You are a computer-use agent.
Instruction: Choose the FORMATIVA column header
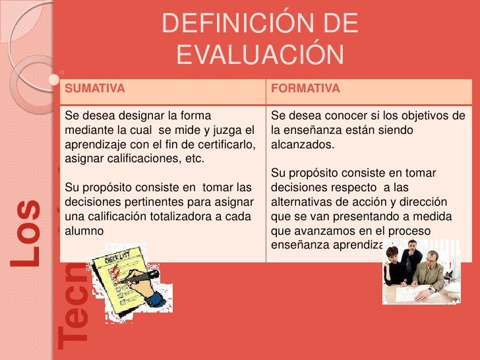305,89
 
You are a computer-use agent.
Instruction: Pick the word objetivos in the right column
419,116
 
